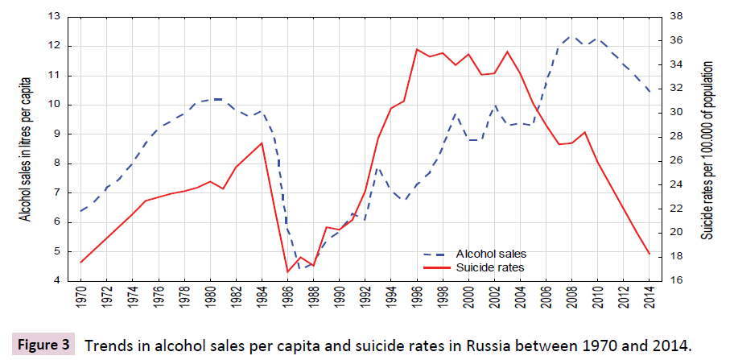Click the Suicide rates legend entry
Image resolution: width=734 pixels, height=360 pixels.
click(x=490, y=266)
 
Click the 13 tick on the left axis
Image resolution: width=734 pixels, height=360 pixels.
click(x=55, y=16)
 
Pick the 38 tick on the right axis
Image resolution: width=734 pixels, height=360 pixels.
click(x=675, y=16)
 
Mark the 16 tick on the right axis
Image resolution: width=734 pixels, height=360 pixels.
click(x=675, y=280)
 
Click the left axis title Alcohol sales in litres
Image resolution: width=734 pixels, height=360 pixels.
click(x=26, y=149)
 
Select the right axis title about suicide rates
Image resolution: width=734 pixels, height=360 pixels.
click(x=707, y=149)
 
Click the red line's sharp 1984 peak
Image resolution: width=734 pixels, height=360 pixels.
click(x=262, y=143)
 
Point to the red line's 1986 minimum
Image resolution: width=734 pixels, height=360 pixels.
click(x=287, y=271)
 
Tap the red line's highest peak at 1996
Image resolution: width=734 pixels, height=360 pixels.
click(x=416, y=49)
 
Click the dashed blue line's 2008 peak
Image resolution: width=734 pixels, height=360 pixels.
click(x=570, y=35)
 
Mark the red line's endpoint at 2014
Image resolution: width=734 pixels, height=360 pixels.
click(x=649, y=254)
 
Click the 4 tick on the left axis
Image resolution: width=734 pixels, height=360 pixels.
click(x=58, y=280)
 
